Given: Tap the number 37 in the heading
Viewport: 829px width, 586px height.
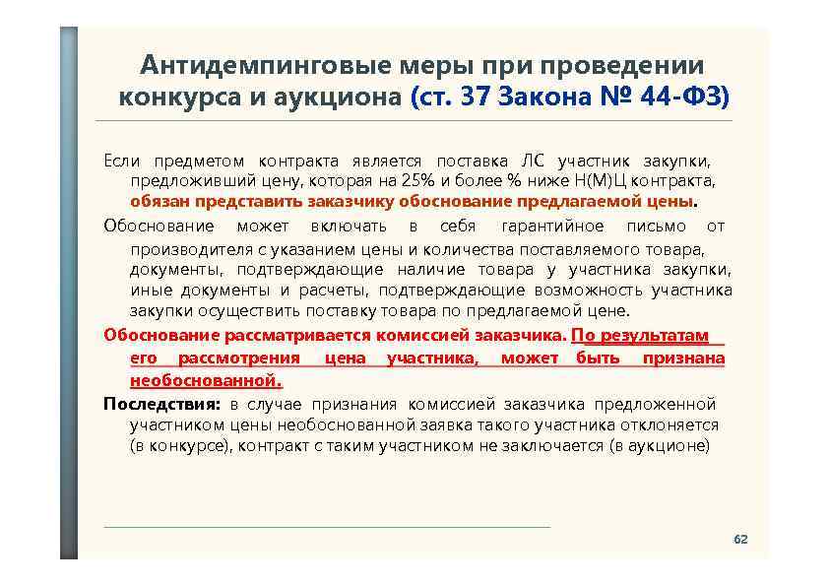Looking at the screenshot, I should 477,98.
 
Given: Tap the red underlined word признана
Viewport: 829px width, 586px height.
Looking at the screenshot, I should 683,358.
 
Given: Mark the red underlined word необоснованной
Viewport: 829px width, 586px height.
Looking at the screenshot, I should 205,379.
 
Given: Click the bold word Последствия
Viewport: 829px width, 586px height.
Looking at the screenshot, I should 162,404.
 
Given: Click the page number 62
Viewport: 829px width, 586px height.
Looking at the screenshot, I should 740,540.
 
